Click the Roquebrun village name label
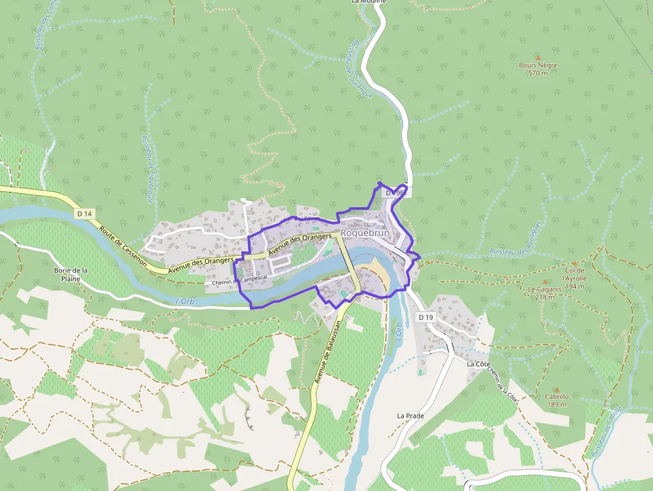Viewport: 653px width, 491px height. (364, 233)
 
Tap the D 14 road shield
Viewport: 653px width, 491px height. (84, 213)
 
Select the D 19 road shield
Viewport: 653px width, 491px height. (426, 317)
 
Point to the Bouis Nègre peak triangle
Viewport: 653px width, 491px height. (538, 58)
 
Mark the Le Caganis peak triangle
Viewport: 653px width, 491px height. (544, 281)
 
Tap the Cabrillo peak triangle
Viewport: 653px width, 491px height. (556, 389)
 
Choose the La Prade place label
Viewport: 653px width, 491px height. (410, 415)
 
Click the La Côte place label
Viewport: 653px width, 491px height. (478, 364)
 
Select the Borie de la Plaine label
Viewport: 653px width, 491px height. (71, 274)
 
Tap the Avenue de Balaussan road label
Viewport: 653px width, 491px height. (328, 351)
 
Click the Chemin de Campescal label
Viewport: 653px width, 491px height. (240, 282)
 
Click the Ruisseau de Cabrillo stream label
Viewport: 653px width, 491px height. (606, 431)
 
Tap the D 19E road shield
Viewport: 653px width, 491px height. (395, 193)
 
